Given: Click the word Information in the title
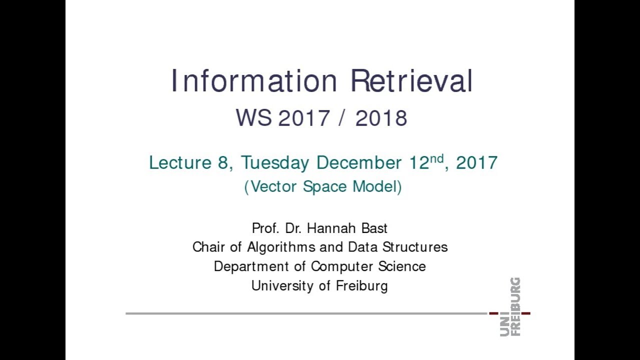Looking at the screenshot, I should [254, 81].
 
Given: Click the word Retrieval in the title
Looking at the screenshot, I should [411, 81].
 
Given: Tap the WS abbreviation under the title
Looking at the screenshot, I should [253, 118].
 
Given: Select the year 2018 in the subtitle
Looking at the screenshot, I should [381, 118].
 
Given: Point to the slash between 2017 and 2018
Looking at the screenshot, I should [342, 118].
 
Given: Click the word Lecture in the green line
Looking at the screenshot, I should [180, 163].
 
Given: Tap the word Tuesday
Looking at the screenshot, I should [275, 163].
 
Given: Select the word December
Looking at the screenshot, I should [358, 163].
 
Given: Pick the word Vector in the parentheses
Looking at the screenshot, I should [274, 186].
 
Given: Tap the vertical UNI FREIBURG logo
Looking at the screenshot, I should [510, 306].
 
